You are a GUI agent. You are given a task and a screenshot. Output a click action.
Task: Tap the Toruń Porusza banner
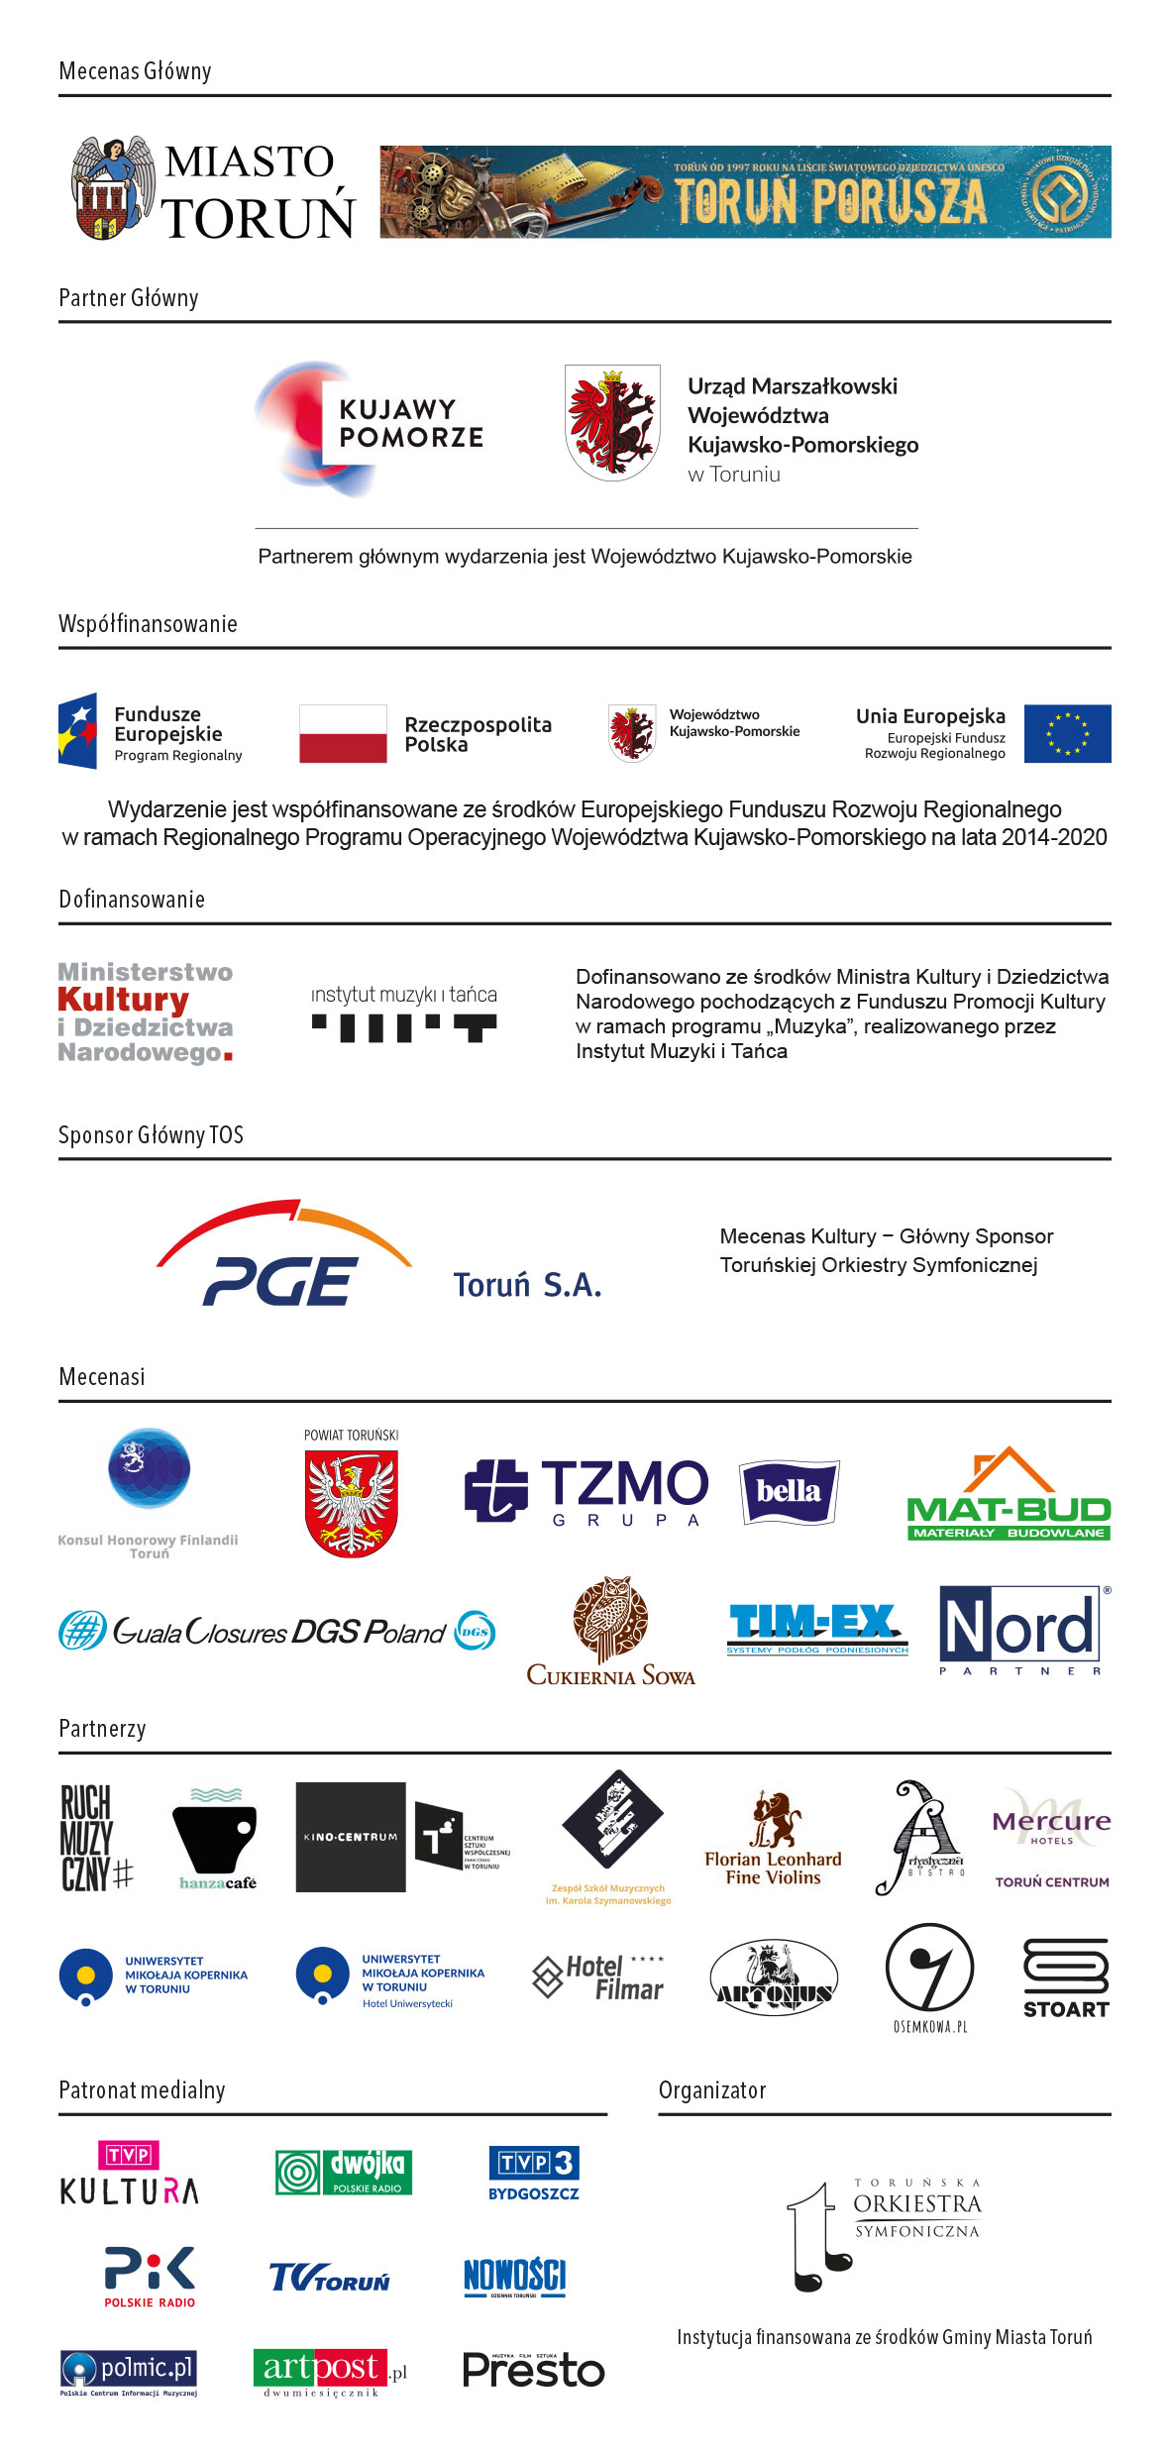[745, 192]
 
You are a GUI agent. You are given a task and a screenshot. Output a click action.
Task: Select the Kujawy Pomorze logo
[369, 428]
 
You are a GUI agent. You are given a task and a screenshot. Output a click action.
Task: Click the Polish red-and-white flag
[343, 734]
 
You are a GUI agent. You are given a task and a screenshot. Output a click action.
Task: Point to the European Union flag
[1067, 734]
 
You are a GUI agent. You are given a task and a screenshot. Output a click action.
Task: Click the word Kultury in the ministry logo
[123, 1000]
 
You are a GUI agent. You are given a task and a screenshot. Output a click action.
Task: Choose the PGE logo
[283, 1256]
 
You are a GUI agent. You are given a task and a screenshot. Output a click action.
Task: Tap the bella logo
[789, 1491]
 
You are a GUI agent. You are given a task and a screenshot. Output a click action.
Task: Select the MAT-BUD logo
[1009, 1496]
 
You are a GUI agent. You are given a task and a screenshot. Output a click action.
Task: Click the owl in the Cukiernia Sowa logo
[611, 1619]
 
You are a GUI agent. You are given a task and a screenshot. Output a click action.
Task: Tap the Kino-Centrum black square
[351, 1838]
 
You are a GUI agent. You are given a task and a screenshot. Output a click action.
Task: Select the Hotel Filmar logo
[599, 1977]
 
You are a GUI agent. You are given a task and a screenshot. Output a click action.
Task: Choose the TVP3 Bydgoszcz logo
[534, 2173]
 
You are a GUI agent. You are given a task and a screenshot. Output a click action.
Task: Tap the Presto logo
[533, 2371]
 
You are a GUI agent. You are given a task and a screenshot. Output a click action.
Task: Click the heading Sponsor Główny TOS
[151, 1135]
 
